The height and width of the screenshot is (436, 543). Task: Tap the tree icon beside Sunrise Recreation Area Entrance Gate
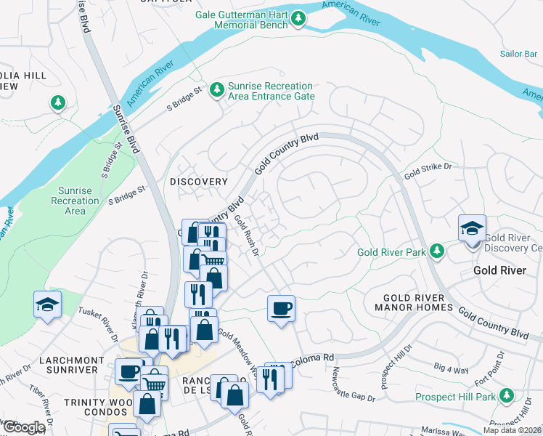(216, 90)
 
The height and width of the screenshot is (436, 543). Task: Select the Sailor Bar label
(518, 54)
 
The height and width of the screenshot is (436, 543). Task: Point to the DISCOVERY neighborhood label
(198, 181)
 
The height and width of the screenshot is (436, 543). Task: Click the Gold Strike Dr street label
(428, 171)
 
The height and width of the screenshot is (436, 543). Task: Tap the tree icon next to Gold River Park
(436, 251)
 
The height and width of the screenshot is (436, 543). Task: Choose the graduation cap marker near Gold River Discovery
(472, 228)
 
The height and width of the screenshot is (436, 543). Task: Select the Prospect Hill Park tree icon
(507, 397)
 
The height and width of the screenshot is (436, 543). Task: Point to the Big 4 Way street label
(451, 370)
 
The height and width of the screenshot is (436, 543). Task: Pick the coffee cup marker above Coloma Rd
(281, 308)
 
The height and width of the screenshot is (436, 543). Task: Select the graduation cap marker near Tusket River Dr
(47, 304)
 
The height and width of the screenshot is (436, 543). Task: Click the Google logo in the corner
(23, 427)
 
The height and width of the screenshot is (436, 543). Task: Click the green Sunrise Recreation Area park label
(75, 201)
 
